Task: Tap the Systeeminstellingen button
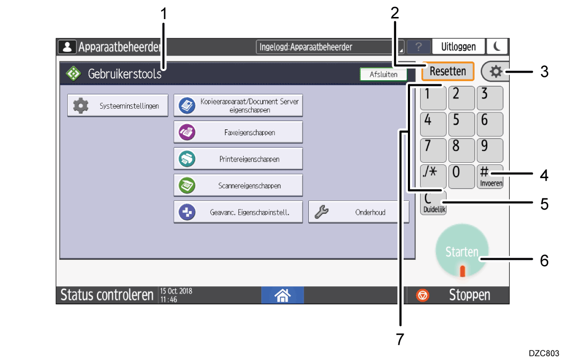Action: pyautogui.click(x=118, y=106)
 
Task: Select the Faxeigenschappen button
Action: pyautogui.click(x=238, y=132)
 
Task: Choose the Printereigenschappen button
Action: pyautogui.click(x=238, y=159)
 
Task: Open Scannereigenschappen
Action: pyautogui.click(x=238, y=185)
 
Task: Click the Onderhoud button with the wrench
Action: pyautogui.click(x=359, y=212)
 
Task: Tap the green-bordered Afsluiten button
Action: pyautogui.click(x=384, y=74)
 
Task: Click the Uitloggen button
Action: pyautogui.click(x=458, y=47)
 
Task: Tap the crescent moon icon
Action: pyautogui.click(x=497, y=47)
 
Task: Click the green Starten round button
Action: pyautogui.click(x=462, y=251)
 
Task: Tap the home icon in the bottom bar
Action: pyautogui.click(x=282, y=295)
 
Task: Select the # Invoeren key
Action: pyautogui.click(x=490, y=177)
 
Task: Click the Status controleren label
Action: pyautogui.click(x=106, y=295)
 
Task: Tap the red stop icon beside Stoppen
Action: pyautogui.click(x=423, y=295)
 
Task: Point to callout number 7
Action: pyautogui.click(x=400, y=339)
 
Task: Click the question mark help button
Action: pyautogui.click(x=418, y=47)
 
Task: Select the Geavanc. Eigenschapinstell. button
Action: pyautogui.click(x=238, y=212)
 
